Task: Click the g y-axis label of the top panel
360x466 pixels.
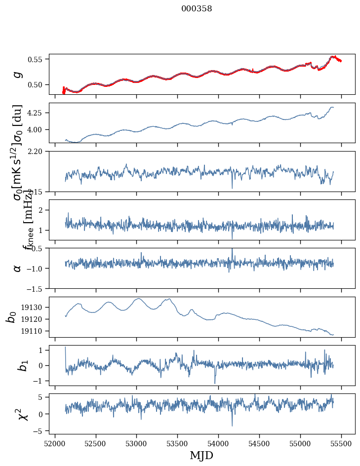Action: [x=17, y=74]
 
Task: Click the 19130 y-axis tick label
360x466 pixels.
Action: [x=34, y=307]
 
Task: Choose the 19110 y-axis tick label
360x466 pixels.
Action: [x=34, y=331]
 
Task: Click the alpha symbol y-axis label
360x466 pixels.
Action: [x=17, y=268]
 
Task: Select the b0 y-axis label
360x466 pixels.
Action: [x=11, y=316]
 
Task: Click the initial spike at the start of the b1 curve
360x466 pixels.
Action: [x=66, y=348]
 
